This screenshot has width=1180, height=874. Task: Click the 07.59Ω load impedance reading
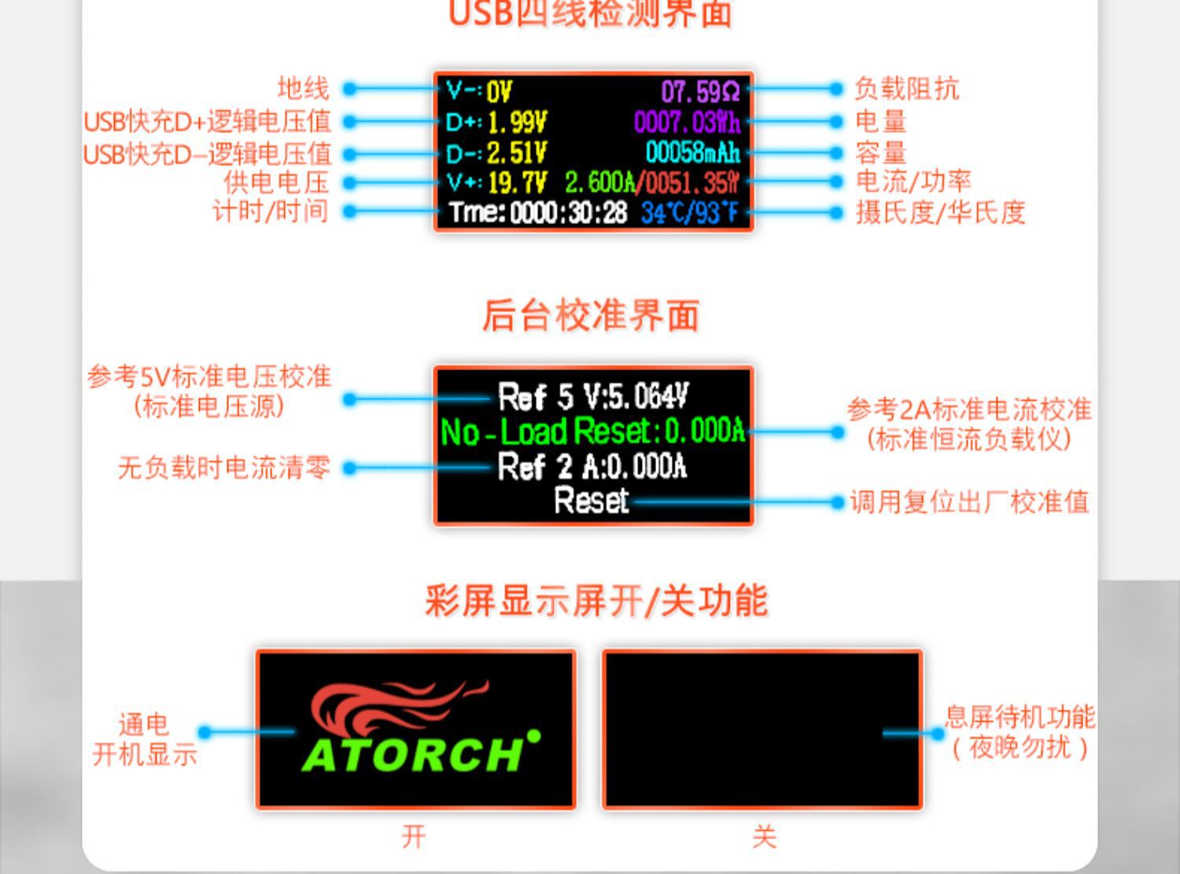[700, 92]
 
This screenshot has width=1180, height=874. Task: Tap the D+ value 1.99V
[517, 122]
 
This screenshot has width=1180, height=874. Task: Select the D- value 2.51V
[517, 153]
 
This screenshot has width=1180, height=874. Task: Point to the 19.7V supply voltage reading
[517, 183]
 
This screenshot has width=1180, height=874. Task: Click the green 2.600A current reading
[599, 183]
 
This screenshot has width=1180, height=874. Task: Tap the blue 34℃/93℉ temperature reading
[689, 212]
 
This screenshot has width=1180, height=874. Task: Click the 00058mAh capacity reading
[692, 153]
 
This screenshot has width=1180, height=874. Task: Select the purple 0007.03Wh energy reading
[687, 122]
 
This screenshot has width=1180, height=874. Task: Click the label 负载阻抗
[906, 89]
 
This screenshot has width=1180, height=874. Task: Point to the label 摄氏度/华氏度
[940, 212]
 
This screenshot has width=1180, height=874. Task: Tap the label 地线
[303, 88]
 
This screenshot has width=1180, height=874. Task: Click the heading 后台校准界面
[590, 315]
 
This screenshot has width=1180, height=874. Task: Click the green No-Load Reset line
[592, 432]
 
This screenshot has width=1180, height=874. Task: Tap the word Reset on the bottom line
[592, 501]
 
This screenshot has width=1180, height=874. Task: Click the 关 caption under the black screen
[763, 836]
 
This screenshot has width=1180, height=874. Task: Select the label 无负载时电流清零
[223, 468]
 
